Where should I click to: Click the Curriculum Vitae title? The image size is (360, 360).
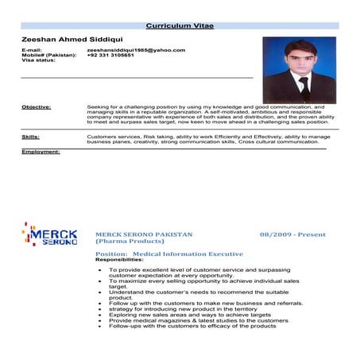coord(180,26)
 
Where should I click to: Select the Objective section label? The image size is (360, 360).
coord(37,106)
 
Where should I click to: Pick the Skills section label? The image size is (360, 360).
coord(30,137)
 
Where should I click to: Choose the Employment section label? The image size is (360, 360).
coord(41,151)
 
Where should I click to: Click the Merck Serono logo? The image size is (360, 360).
coord(49,235)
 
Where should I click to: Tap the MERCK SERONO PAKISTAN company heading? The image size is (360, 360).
coord(144,235)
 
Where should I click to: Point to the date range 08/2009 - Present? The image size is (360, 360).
coord(292,235)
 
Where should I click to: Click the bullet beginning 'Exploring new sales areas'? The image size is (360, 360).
coord(190,315)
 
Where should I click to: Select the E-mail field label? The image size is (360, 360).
coord(32,50)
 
